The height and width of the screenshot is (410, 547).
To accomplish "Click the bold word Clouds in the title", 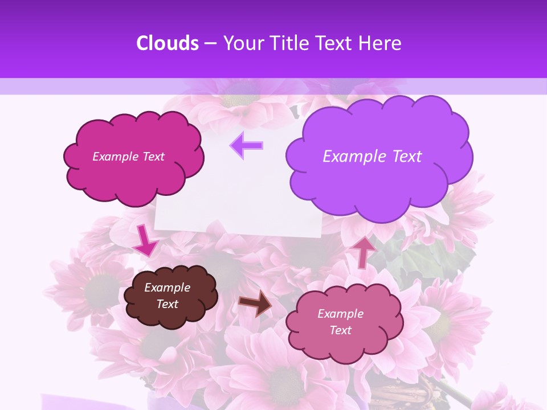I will coord(168,43).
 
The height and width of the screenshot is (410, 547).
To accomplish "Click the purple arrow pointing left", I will coord(246,145).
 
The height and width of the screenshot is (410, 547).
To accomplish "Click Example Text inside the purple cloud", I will coord(372,157).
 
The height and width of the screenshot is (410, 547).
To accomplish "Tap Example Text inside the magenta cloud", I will coord(128,157).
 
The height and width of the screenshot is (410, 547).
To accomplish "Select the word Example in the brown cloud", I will coord(167,288).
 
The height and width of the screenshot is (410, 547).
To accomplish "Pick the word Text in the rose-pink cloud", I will coord(340,330).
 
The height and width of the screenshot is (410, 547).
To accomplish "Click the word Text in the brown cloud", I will coord(167,304).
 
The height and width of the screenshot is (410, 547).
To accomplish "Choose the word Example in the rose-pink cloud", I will coord(340,314).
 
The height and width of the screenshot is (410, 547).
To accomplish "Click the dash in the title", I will coord(210,43).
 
